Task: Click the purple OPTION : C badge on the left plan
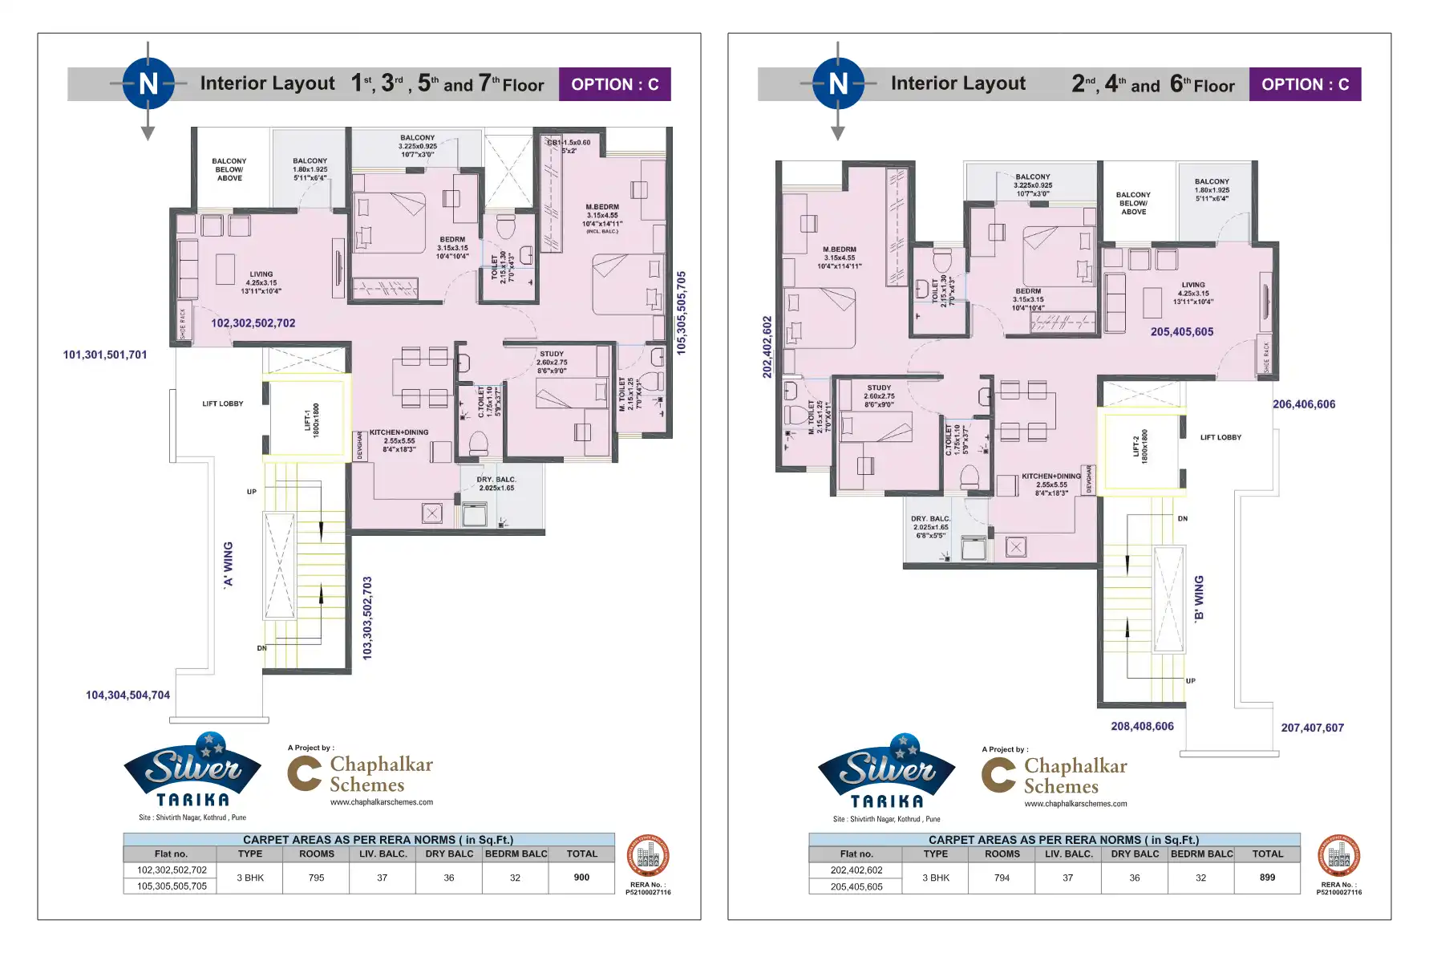pyautogui.click(x=614, y=84)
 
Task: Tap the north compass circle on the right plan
pyautogui.click(x=838, y=83)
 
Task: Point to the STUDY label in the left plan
pyautogui.click(x=552, y=354)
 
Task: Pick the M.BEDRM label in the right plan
pyautogui.click(x=839, y=249)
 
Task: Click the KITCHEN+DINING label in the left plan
pyautogui.click(x=399, y=432)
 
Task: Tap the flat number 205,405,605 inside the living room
pyautogui.click(x=1181, y=332)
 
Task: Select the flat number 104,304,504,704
pyautogui.click(x=128, y=695)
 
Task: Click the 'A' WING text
pyautogui.click(x=229, y=564)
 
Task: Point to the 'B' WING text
pyautogui.click(x=1199, y=598)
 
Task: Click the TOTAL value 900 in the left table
pyautogui.click(x=581, y=878)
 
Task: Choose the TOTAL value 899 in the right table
pyautogui.click(x=1267, y=878)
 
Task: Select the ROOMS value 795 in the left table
pyautogui.click(x=317, y=878)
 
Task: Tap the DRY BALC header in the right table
pyautogui.click(x=1135, y=854)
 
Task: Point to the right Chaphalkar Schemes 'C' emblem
pyautogui.click(x=998, y=775)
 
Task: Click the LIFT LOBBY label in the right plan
pyautogui.click(x=1220, y=438)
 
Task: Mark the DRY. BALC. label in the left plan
pyautogui.click(x=496, y=480)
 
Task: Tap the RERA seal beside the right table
pyautogui.click(x=1338, y=856)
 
